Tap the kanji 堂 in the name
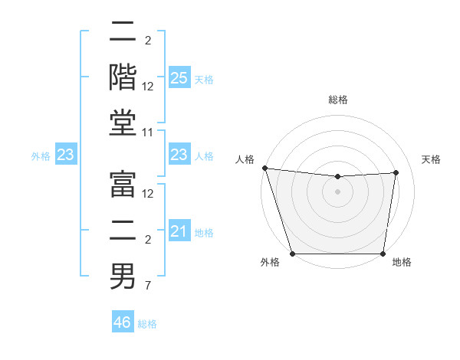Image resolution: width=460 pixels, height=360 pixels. point(123,123)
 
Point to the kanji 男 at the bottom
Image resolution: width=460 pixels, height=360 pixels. point(123,277)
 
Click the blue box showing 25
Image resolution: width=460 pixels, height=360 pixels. point(179,77)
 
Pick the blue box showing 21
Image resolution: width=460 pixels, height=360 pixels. point(179,231)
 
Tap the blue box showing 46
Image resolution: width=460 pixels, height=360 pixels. point(123,322)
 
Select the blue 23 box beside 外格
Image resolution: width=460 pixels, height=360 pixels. point(66,155)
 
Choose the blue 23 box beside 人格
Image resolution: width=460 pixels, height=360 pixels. point(179,155)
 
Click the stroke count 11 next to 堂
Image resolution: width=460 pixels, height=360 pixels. point(148,133)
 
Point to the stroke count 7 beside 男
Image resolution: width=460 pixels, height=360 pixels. point(148,286)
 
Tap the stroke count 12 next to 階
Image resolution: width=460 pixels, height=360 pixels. point(148,86)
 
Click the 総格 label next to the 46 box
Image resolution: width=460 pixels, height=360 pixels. point(147,323)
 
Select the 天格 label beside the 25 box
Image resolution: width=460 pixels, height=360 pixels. point(204,79)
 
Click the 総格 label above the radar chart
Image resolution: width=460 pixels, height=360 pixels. point(337,100)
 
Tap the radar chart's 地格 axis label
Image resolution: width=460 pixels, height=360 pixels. point(402,262)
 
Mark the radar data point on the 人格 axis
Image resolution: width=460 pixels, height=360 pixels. point(264,168)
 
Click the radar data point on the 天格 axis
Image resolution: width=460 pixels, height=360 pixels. point(396,172)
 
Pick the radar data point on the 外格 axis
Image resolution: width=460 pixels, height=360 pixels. point(292,254)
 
